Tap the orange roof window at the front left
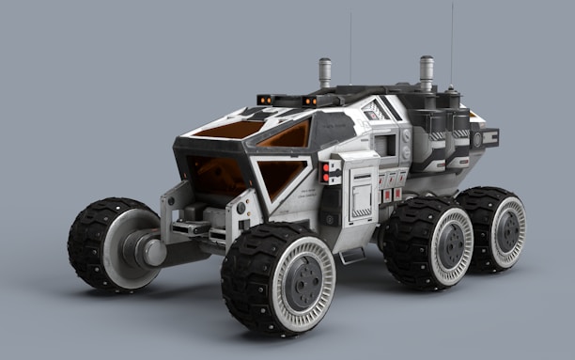click(228, 129)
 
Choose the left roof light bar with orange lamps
click(264, 99)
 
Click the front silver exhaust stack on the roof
click(325, 72)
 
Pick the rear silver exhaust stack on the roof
click(427, 71)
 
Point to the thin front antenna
click(350, 47)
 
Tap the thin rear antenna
click(451, 42)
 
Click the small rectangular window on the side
click(384, 145)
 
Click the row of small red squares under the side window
click(391, 195)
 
